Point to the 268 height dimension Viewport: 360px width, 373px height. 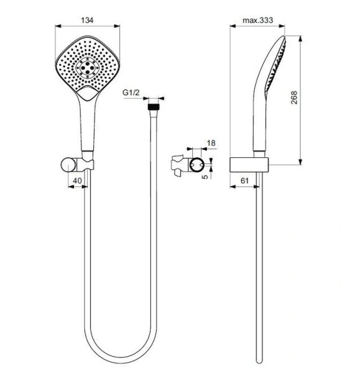point(295,98)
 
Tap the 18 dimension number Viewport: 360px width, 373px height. point(211,144)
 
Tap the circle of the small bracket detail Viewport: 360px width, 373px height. point(196,165)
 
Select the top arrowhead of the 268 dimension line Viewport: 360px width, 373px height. point(302,37)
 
